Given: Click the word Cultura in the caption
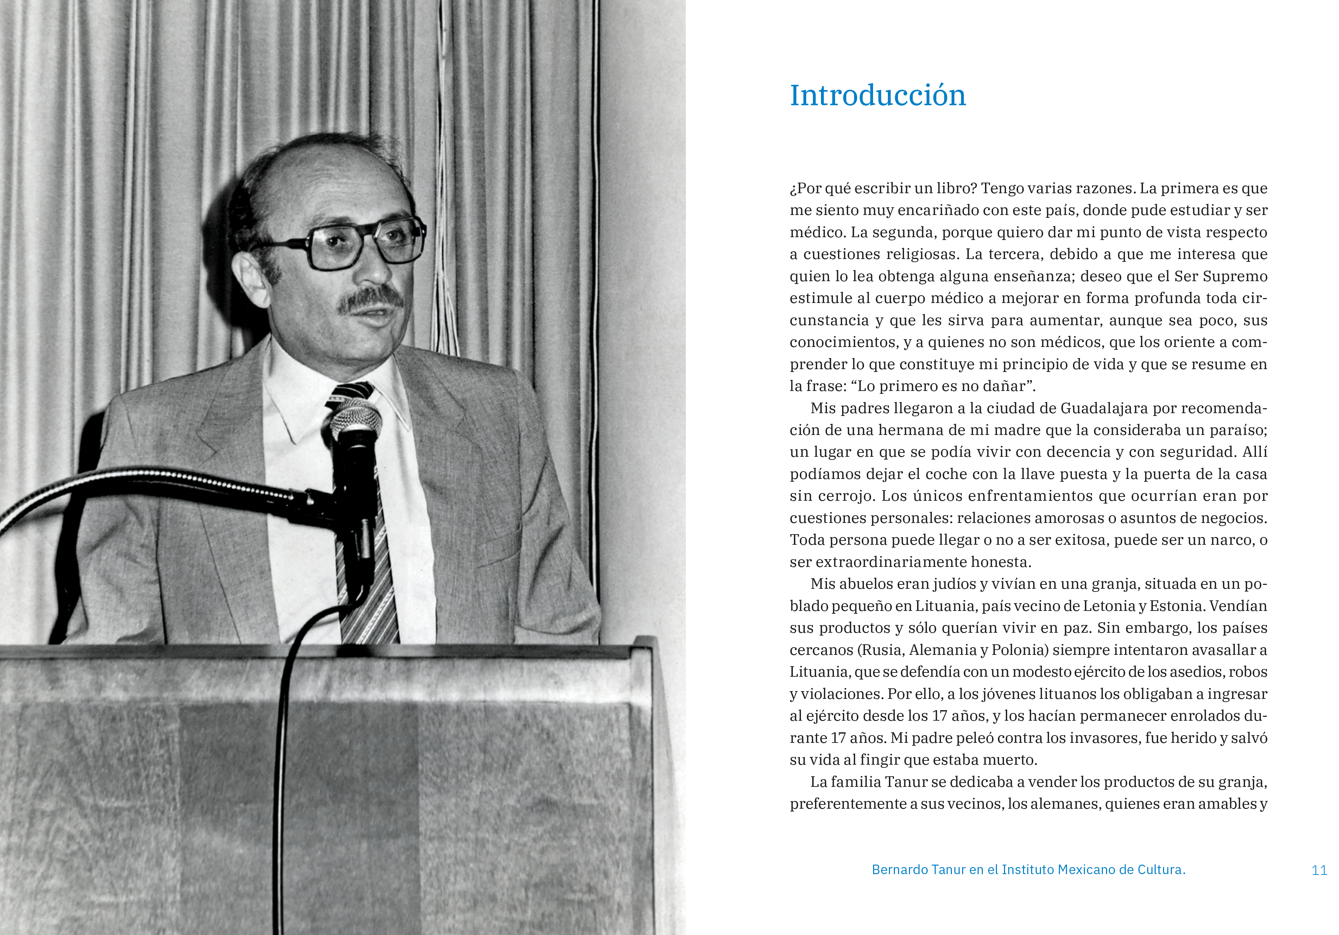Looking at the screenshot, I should tap(1160, 870).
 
